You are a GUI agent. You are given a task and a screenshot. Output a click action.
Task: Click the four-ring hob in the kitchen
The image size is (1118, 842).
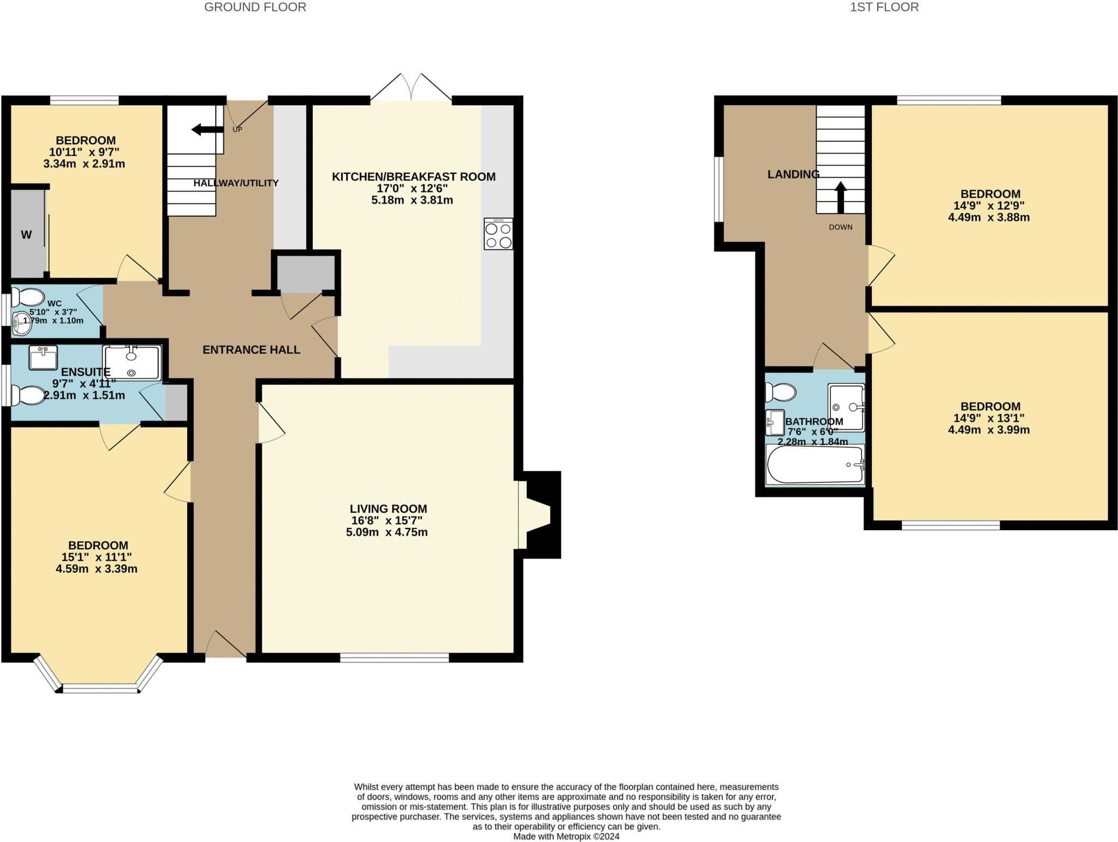pos(498,234)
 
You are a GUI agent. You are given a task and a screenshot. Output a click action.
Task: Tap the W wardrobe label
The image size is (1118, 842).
pos(26,235)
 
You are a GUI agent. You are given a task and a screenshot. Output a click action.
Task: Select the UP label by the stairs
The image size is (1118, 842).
pos(237,129)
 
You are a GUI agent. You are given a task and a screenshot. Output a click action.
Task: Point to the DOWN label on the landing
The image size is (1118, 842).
pos(840,227)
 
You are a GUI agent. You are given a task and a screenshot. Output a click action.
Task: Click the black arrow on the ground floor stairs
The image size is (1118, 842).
pos(207,129)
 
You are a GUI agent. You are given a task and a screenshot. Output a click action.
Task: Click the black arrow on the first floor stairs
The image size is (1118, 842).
pos(840,197)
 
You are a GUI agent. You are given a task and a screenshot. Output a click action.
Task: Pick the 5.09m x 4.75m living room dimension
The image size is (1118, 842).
pos(386,532)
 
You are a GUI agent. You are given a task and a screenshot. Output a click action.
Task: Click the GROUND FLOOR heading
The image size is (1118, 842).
pos(255,7)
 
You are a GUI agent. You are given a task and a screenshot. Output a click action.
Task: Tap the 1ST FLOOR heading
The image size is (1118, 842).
pos(884,7)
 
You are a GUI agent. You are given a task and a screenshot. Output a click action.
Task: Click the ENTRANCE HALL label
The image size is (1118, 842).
pos(251,350)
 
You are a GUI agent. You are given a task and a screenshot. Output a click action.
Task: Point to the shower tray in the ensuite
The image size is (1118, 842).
pos(132,363)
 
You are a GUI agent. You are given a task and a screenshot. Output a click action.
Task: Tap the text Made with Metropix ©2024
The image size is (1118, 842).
pos(566,836)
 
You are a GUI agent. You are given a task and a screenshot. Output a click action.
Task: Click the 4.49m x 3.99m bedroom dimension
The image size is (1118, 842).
pos(989,430)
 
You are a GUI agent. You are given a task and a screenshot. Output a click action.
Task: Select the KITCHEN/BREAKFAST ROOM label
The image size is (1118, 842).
pos(414,177)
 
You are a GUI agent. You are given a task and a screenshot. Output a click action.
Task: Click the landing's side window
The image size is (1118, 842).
pos(719,189)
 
